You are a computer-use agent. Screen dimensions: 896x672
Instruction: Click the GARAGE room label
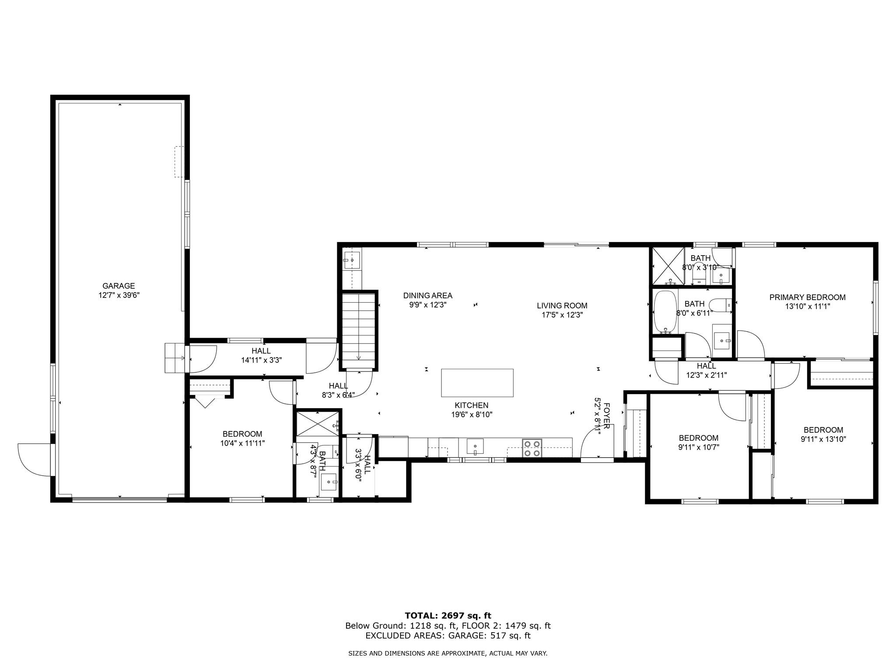pyautogui.click(x=119, y=286)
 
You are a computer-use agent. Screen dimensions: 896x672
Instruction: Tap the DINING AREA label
pyautogui.click(x=427, y=296)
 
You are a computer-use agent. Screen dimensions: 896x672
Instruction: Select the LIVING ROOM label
pyautogui.click(x=562, y=306)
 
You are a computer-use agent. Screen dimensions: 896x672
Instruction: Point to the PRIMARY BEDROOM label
pyautogui.click(x=807, y=297)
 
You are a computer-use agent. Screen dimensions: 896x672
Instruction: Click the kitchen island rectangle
pyautogui.click(x=477, y=383)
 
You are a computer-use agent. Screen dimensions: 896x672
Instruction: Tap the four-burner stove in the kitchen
pyautogui.click(x=532, y=448)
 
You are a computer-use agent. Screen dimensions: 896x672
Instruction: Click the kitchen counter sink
pyautogui.click(x=475, y=447)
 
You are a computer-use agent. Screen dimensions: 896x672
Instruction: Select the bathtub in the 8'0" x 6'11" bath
pyautogui.click(x=665, y=312)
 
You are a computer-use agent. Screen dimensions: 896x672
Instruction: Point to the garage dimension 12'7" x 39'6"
pyautogui.click(x=119, y=295)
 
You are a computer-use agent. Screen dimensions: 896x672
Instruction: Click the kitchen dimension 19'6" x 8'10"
pyautogui.click(x=472, y=414)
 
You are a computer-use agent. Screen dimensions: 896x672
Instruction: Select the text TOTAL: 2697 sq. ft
pyautogui.click(x=448, y=616)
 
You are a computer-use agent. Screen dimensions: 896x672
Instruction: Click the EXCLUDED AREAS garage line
pyautogui.click(x=448, y=636)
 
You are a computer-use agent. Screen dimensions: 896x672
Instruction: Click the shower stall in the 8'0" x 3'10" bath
pyautogui.click(x=668, y=266)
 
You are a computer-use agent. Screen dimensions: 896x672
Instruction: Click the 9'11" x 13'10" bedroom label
pyautogui.click(x=823, y=434)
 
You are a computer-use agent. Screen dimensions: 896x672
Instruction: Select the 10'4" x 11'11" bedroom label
pyautogui.click(x=242, y=438)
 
